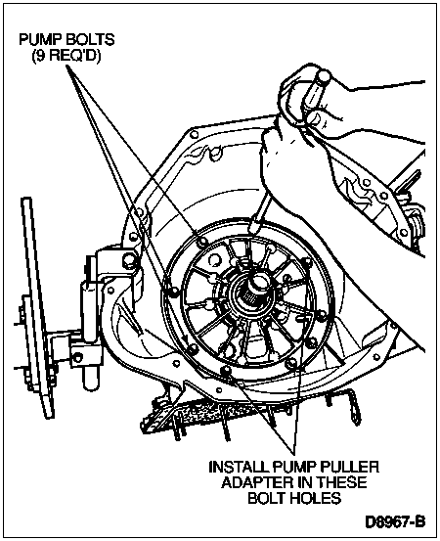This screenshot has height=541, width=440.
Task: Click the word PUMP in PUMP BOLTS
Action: click(39, 40)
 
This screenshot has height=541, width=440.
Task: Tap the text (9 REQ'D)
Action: click(66, 57)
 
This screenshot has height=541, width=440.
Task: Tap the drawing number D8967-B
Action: click(395, 521)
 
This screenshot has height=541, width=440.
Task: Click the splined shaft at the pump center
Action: click(256, 288)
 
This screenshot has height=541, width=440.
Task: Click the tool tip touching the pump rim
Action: click(254, 223)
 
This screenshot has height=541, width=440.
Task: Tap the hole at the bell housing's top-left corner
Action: click(195, 134)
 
